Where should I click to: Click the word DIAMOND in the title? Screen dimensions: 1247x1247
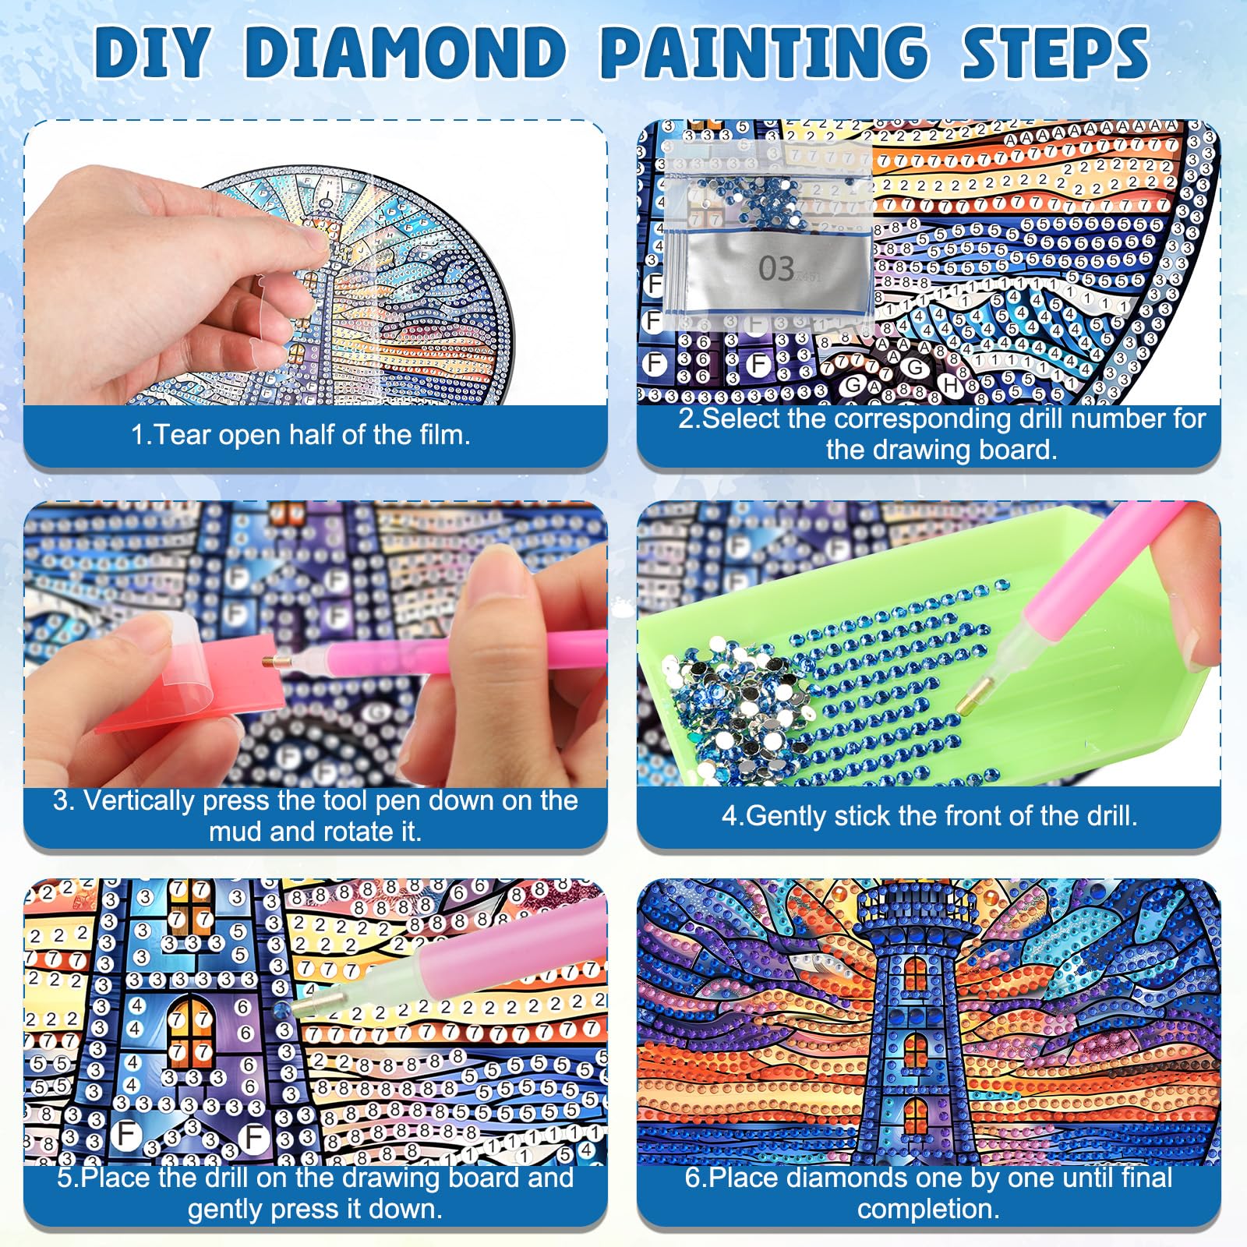coord(405,52)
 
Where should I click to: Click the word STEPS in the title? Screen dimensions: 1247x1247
coord(1055,52)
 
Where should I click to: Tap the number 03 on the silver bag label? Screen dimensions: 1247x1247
coord(776,269)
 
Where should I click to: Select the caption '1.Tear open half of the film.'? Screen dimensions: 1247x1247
coord(301,434)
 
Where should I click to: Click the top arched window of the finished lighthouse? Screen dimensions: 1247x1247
coord(916,972)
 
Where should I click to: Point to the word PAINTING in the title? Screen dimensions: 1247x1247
coord(765,52)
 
